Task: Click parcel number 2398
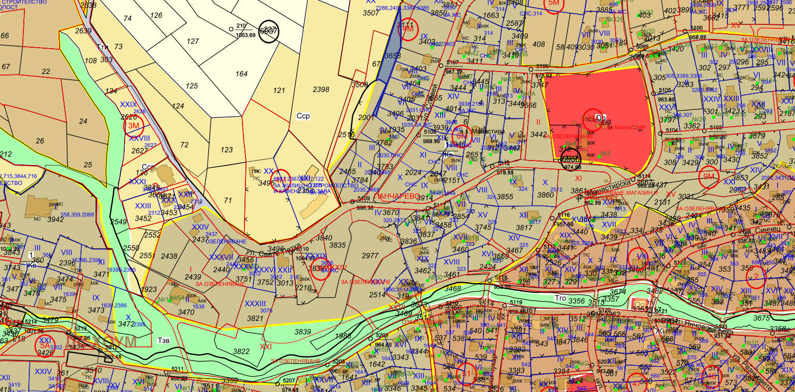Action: click(x=321, y=89)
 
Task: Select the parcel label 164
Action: click(x=241, y=74)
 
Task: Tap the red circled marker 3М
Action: click(x=134, y=126)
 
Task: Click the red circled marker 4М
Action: click(x=408, y=29)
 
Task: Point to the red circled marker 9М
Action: click(x=709, y=177)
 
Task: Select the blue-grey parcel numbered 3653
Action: click(x=392, y=56)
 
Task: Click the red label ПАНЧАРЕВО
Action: click(x=397, y=197)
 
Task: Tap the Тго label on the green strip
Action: click(x=560, y=298)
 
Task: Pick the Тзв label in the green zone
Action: click(x=163, y=340)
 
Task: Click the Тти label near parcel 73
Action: click(x=103, y=47)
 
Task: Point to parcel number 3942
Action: click(x=55, y=219)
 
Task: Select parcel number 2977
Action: click(x=370, y=256)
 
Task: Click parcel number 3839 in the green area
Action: click(x=303, y=332)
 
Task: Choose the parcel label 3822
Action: click(x=241, y=351)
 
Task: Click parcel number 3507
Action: click(x=371, y=13)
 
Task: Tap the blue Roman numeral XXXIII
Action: click(x=255, y=304)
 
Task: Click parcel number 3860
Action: click(x=545, y=195)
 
